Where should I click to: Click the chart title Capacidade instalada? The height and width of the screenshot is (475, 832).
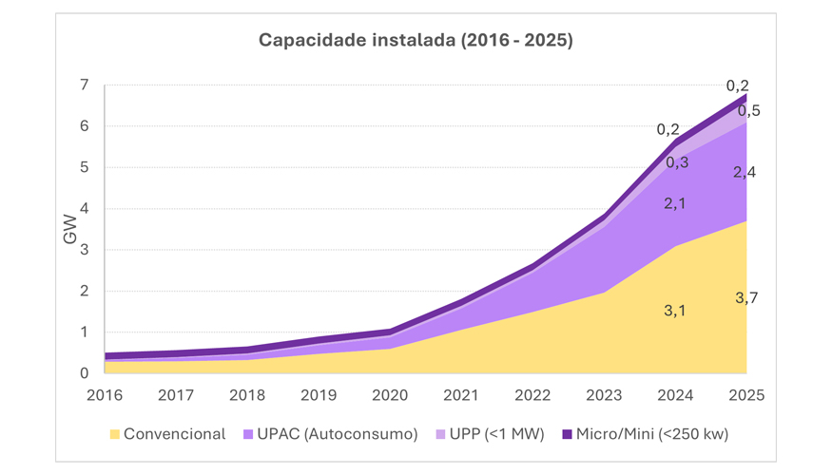[x=416, y=41]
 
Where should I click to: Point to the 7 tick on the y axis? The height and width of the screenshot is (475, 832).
[x=84, y=85]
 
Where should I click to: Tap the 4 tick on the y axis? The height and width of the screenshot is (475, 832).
[x=84, y=209]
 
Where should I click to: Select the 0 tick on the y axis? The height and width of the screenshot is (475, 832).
[x=84, y=373]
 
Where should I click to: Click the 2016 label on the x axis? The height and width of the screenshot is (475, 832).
[x=105, y=394]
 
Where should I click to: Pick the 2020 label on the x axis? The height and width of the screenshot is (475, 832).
[x=390, y=394]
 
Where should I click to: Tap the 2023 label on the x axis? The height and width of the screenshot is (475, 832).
[x=604, y=394]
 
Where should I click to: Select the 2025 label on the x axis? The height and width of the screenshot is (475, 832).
[x=746, y=394]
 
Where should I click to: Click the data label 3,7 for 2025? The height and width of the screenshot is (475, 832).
[x=746, y=298]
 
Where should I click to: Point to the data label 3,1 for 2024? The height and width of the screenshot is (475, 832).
[x=676, y=310]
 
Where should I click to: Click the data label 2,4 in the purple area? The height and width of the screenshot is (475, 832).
[x=745, y=172]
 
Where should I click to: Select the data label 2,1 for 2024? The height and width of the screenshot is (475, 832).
[x=676, y=202]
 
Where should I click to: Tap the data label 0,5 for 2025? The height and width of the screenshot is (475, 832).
[x=748, y=111]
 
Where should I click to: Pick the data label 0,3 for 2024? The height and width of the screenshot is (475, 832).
[x=677, y=162]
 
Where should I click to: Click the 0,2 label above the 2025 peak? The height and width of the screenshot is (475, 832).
[x=737, y=85]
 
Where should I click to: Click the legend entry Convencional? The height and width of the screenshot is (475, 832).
[x=174, y=434]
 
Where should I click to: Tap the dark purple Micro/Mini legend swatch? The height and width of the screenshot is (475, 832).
[x=567, y=434]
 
